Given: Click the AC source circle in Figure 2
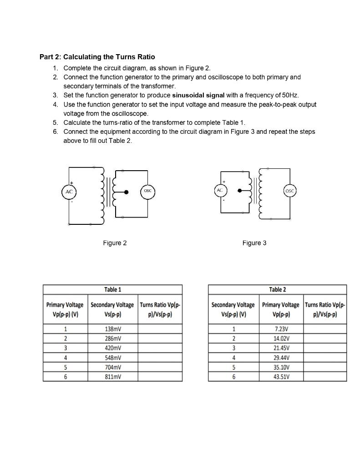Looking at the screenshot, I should click(x=69, y=192).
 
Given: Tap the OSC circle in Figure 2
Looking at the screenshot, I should click(x=147, y=192).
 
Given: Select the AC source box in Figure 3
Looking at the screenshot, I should click(x=220, y=190).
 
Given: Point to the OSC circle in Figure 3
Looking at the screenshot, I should click(x=290, y=191).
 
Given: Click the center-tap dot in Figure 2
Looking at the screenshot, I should click(x=127, y=192).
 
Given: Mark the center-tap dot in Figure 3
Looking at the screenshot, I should click(x=238, y=191).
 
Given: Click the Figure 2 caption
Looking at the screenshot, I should click(x=115, y=243).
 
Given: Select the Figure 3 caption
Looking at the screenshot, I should click(x=254, y=243).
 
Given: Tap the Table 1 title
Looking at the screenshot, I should click(x=112, y=290).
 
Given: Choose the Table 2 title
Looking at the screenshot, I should click(x=277, y=290).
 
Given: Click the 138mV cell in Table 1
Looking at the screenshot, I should click(x=112, y=329).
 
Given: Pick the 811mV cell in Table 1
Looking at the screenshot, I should click(x=112, y=377).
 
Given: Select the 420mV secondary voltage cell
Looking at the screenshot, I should click(x=112, y=348).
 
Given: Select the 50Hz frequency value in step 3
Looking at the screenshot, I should click(x=289, y=95).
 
